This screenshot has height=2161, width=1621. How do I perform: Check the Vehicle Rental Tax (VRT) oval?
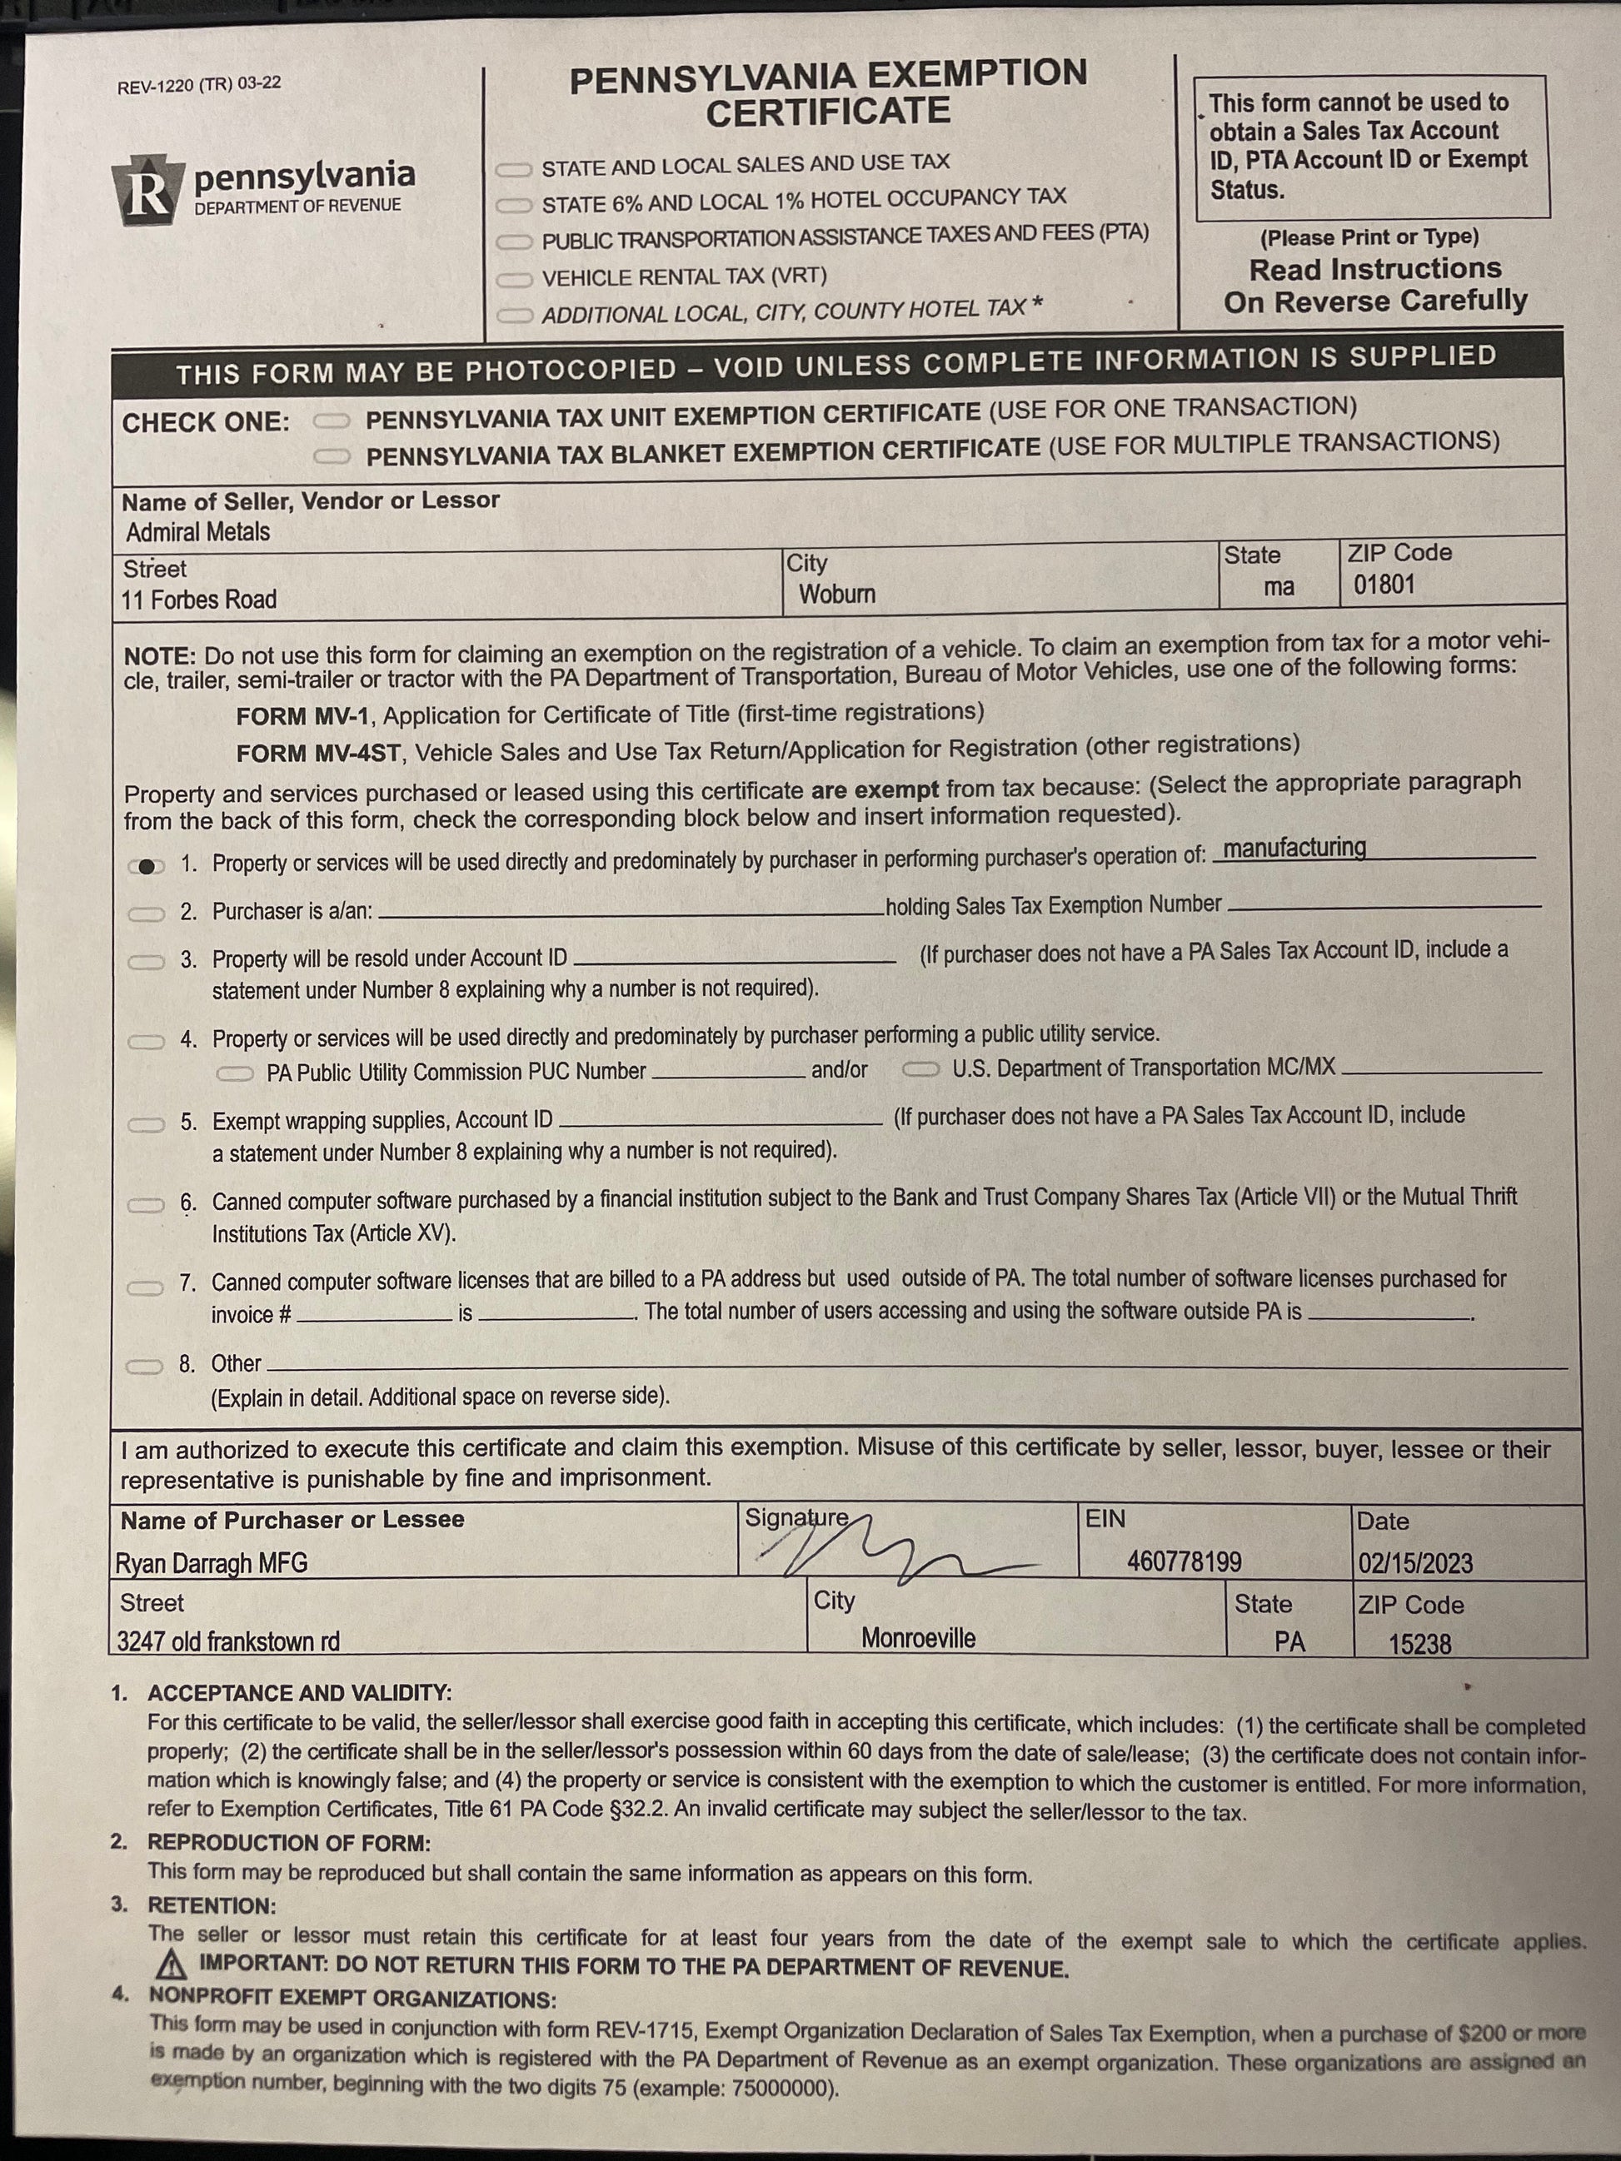[x=514, y=281]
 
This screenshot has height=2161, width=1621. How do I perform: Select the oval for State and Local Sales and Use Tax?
[x=514, y=170]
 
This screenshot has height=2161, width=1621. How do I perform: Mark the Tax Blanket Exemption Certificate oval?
[x=332, y=456]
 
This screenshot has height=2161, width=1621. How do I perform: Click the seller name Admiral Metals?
[x=197, y=532]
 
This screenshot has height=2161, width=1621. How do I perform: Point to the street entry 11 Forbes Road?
[x=198, y=599]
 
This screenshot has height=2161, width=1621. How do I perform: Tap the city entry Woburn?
[x=836, y=594]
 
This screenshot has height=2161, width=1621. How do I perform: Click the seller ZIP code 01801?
[x=1384, y=585]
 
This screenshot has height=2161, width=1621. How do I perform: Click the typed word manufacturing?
[x=1294, y=847]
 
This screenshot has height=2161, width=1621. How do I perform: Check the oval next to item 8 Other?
[x=145, y=1366]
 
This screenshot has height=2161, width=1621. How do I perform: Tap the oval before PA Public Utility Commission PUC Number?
[x=235, y=1073]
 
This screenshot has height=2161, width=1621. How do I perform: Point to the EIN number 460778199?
[x=1185, y=1561]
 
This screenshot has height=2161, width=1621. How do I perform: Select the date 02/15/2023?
[x=1414, y=1563]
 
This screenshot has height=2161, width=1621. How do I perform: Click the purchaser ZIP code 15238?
[x=1419, y=1644]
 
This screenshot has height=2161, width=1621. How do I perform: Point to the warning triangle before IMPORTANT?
[x=171, y=1964]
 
